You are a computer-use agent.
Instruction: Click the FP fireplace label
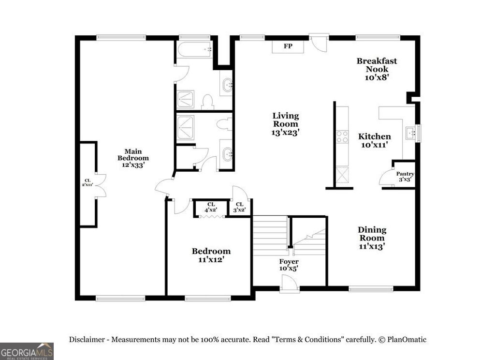(x=288, y=47)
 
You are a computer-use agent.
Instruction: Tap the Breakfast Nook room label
(x=377, y=68)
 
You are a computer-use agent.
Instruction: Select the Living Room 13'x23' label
(x=286, y=124)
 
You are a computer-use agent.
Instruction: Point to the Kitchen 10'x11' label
(x=374, y=140)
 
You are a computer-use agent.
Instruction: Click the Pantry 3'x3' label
(x=405, y=177)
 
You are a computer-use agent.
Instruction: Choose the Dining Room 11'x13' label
(x=371, y=238)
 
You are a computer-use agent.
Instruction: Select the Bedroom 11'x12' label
(x=211, y=255)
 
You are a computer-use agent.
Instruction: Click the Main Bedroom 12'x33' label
(x=133, y=158)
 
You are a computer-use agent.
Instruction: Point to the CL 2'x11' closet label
(x=87, y=182)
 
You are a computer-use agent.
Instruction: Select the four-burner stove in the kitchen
(x=342, y=137)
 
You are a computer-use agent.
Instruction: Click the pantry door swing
(x=387, y=178)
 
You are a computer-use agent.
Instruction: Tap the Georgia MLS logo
(x=27, y=351)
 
